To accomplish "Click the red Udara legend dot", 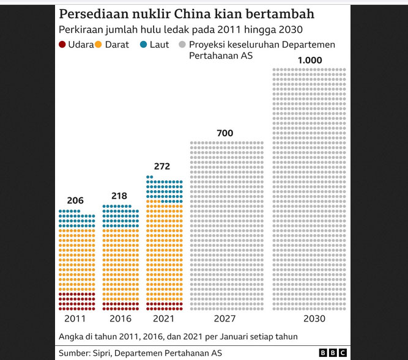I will pos(63,45).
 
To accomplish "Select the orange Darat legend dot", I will pos(100,45).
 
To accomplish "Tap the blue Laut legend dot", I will pos(143,45).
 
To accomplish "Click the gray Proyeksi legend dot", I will pos(181,45).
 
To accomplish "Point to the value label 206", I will pos(75,200).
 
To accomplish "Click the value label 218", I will pos(120,196).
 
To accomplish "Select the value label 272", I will pos(162,166).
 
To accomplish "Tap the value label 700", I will pos(225,133).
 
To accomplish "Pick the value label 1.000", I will pos(309,61).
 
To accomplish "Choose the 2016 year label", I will pos(121,319).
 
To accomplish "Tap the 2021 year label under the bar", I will pos(163,319).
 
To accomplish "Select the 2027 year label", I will pos(225,319).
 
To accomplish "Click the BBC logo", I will pos(333,353).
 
